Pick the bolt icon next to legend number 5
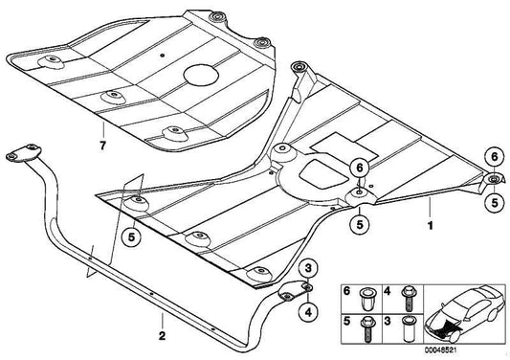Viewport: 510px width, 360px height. [369, 325]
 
